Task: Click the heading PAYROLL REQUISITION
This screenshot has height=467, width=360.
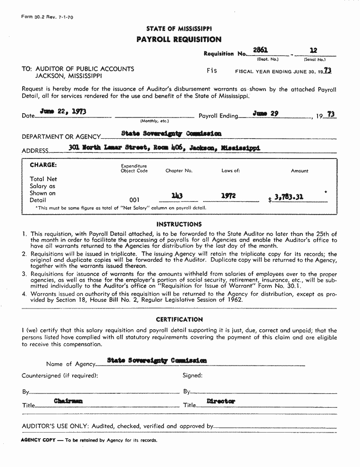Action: [x=179, y=40]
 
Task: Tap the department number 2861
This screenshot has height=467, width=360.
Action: [x=260, y=50]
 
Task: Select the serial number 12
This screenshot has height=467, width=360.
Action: [x=313, y=50]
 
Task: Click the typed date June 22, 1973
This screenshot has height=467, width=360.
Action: [x=62, y=112]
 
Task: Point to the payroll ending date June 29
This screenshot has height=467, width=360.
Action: [x=266, y=113]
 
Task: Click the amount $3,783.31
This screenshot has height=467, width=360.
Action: [x=289, y=198]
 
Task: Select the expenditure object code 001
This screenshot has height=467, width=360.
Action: [x=134, y=200]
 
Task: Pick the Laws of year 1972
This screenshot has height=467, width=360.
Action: [x=228, y=196]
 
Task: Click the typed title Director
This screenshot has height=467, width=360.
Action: [x=221, y=401]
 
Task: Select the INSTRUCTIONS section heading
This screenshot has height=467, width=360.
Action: [x=179, y=225]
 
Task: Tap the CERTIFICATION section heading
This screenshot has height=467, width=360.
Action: [x=179, y=319]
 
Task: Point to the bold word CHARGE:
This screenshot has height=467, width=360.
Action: [x=43, y=165]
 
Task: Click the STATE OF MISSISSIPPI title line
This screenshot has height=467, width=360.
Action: [x=179, y=29]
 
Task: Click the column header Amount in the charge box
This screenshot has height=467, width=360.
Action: [x=299, y=171]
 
